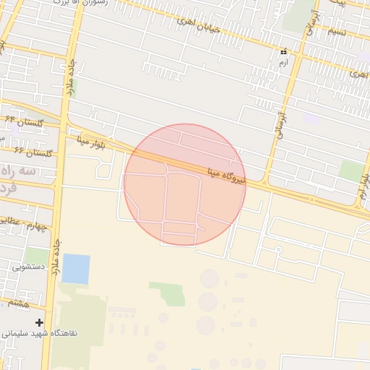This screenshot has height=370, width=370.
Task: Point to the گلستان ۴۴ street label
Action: [25, 121]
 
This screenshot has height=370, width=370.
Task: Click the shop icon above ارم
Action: [284, 52]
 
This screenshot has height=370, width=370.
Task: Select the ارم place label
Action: [284, 64]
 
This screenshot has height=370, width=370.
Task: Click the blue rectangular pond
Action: [76, 269]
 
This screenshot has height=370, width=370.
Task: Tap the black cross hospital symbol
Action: [39, 322]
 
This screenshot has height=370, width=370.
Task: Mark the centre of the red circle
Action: [185, 185]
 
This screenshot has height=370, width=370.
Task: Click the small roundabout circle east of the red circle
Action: [277, 250]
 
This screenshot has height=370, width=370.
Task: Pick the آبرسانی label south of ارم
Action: [280, 119]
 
